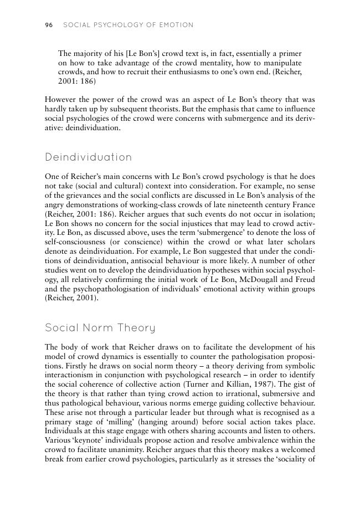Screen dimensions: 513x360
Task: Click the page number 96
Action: coord(48,25)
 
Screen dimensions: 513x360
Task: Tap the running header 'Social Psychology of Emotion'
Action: coord(128,25)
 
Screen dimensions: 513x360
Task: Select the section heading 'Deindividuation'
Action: coord(88,157)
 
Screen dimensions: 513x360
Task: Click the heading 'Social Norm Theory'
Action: coord(100,328)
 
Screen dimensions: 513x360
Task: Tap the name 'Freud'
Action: coord(304,279)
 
